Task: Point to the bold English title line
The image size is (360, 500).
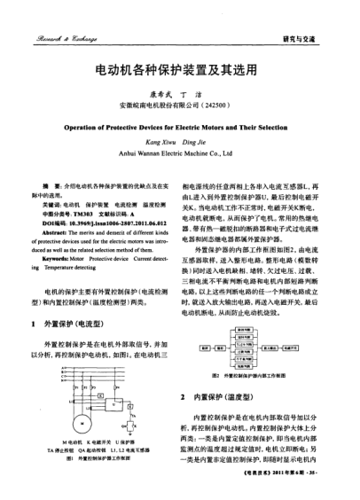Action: pos(180,126)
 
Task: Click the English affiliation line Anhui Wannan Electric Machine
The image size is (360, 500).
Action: pos(180,153)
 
